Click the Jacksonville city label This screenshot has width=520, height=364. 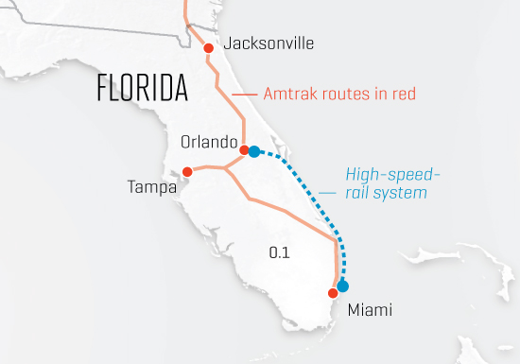tap(269, 43)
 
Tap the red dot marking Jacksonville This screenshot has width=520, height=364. tap(208, 47)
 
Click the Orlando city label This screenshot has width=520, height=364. tap(208, 142)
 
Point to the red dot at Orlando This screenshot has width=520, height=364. tap(244, 150)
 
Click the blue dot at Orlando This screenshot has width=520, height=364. tap(254, 151)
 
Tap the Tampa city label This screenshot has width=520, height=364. tap(151, 187)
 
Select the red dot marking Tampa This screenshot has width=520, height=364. tap(187, 172)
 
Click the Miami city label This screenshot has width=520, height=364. tap(370, 310)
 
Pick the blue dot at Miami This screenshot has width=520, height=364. tap(342, 286)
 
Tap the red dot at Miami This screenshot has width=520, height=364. tap(332, 293)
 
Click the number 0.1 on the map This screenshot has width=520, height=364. tap(279, 252)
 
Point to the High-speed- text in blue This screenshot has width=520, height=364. tap(392, 174)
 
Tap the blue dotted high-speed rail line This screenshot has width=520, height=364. tap(312, 189)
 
